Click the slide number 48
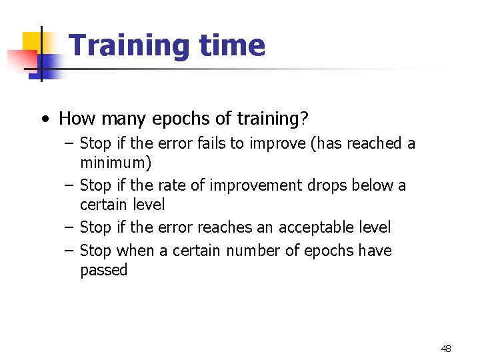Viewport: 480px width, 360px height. point(446,349)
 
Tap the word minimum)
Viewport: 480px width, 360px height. point(115,163)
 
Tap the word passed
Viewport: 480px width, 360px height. point(103,270)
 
